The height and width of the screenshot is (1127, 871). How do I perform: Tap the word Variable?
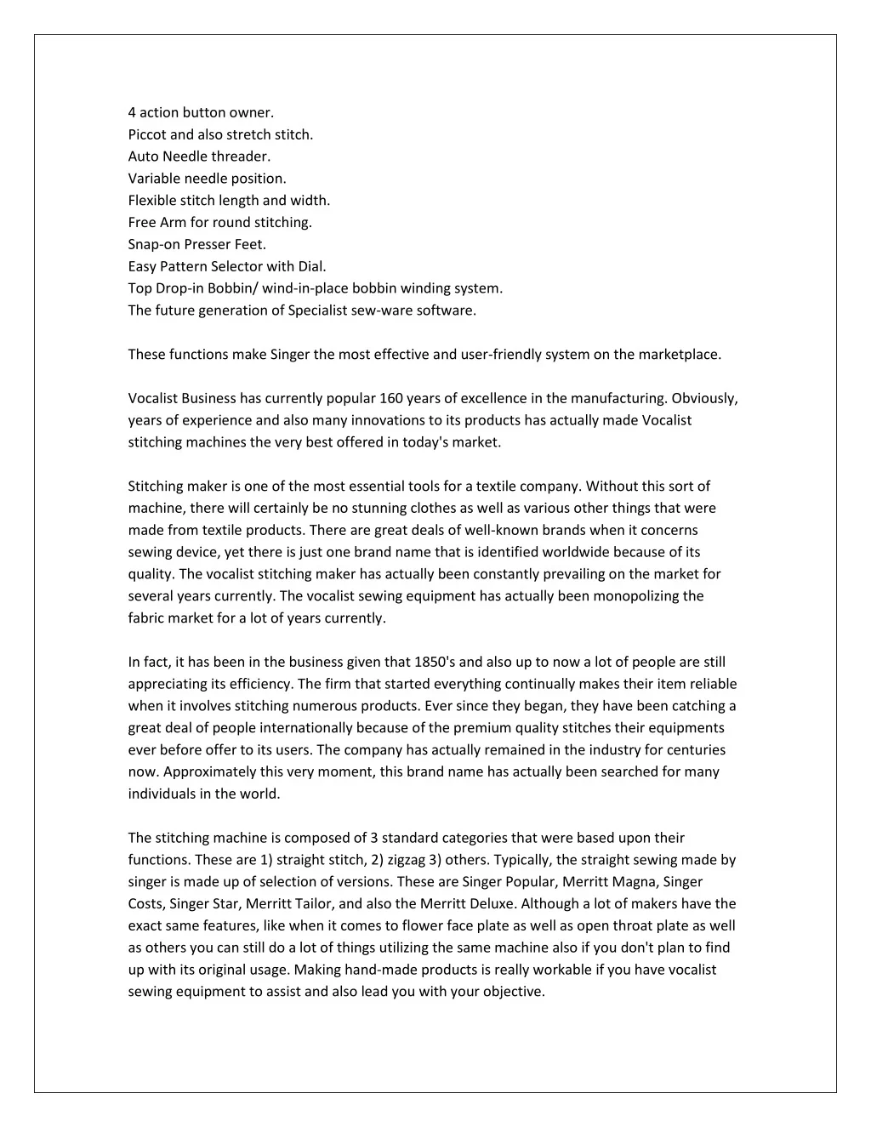(153, 179)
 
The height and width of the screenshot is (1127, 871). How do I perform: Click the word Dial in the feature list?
(310, 266)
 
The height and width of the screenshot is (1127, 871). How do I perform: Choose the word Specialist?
(318, 310)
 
